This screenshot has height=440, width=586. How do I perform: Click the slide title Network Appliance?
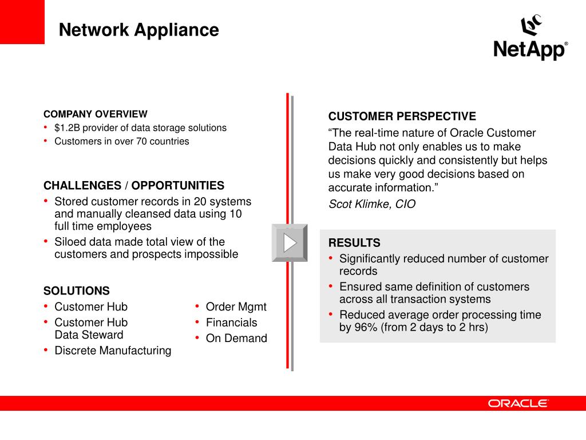click(138, 30)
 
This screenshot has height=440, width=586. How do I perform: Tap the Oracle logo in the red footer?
click(518, 403)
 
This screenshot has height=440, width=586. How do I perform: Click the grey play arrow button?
click(290, 243)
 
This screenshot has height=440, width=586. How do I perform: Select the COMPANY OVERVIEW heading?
click(95, 114)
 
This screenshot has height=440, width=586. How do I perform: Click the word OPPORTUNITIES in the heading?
click(178, 186)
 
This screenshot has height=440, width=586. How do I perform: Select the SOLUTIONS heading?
click(77, 291)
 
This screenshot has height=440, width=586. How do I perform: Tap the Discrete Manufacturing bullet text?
click(113, 351)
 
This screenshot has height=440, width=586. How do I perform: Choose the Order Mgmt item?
click(236, 307)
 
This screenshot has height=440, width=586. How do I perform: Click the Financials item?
click(231, 323)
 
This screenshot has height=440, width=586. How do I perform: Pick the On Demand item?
click(236, 339)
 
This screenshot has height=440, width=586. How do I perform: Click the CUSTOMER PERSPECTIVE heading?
click(402, 117)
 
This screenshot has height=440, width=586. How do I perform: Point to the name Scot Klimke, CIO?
click(372, 204)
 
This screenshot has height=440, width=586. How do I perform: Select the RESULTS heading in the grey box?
click(354, 243)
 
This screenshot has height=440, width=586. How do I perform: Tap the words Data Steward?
click(89, 335)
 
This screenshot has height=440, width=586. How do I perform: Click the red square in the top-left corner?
click(22, 22)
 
